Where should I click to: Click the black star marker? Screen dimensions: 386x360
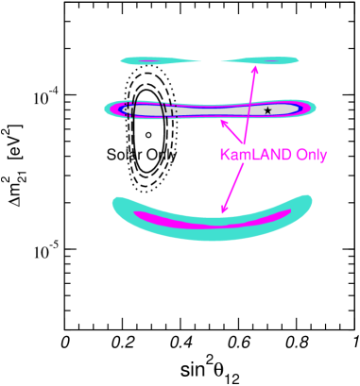coord(267,110)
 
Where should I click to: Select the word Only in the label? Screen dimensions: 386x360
coord(311,155)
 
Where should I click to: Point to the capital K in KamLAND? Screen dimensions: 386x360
coord(225,155)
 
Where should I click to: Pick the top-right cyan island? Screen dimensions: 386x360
coord(260,61)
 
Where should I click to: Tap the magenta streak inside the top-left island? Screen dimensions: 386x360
coord(151,61)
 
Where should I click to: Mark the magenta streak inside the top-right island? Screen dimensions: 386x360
coord(274,61)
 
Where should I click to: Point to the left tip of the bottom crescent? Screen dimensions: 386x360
coord(116,202)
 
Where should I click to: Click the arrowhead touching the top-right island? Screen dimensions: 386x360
coord(255,69)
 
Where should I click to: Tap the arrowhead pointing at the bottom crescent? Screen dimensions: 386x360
coord(223,211)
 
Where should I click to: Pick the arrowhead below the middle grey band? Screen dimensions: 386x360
coord(223,121)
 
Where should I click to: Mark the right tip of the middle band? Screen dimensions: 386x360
coord(314,109)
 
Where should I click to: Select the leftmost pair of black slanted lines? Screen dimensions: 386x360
coord(131,109)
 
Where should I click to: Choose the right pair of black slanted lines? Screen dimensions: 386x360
coord(165,110)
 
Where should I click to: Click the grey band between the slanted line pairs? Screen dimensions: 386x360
coord(148,110)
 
